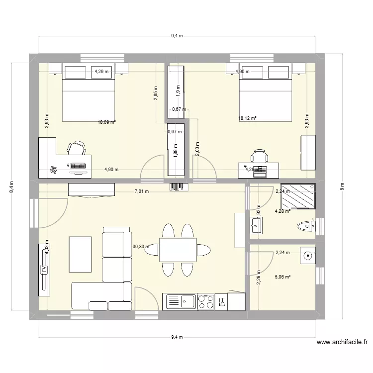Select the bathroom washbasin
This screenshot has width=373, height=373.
256,225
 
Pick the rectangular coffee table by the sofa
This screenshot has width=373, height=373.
80,254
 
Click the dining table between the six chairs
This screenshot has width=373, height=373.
178,250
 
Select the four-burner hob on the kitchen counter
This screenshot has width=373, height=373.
205,301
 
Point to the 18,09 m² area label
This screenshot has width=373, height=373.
106,121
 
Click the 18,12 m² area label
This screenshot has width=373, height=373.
247,118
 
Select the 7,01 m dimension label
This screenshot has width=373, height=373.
141,191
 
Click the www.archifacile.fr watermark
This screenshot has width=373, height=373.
342,343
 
